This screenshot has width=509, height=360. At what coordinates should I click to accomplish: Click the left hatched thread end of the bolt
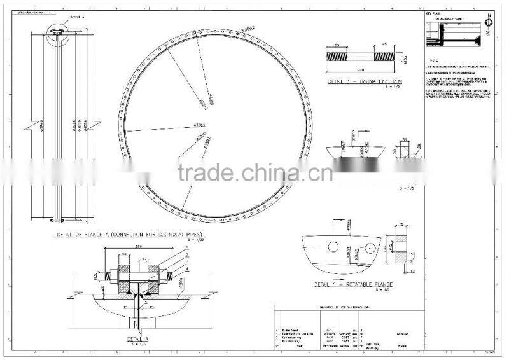pos(338,56)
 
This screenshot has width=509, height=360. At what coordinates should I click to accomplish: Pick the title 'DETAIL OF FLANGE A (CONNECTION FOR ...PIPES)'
pos(130,235)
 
